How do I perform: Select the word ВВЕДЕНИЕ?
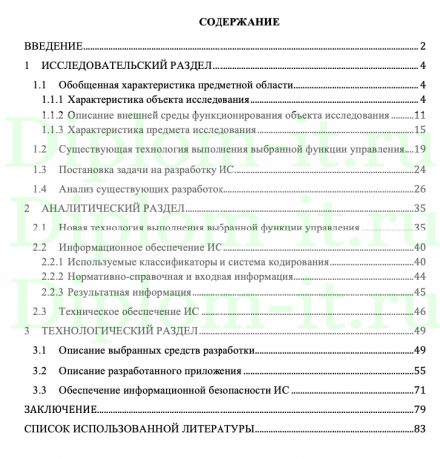pos(53,46)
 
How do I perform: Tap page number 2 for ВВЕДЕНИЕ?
pos(423,46)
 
